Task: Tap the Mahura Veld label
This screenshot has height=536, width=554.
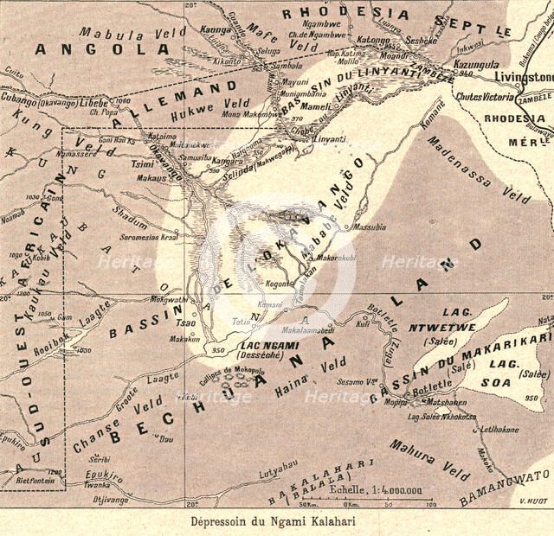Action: point(429,459)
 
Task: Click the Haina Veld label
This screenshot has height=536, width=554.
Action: point(300,375)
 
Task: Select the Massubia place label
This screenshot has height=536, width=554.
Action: point(370,227)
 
